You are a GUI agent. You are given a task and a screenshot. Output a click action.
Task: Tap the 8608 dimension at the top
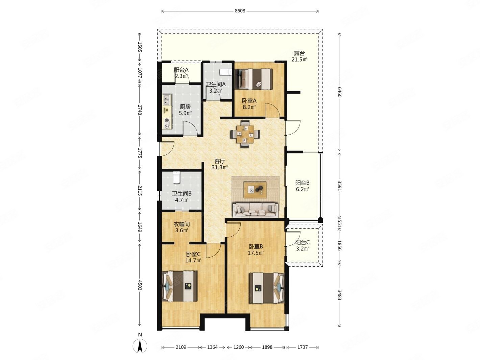(240, 11)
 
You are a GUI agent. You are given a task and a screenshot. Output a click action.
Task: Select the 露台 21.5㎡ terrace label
(299, 56)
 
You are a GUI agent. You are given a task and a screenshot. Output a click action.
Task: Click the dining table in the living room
(245, 134)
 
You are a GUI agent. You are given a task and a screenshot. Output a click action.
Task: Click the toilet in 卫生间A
(225, 72)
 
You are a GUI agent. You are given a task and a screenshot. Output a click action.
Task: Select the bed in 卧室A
(254, 79)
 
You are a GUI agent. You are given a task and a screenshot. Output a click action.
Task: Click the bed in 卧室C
(180, 286)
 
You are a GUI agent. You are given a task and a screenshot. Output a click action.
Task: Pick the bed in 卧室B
(267, 288)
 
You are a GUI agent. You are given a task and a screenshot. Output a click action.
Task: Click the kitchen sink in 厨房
(167, 99)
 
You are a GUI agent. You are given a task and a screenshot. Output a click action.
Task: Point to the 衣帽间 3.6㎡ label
(181, 227)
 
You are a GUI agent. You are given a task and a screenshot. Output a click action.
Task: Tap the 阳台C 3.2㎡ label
(302, 245)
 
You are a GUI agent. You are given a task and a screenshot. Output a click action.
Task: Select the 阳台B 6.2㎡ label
(302, 186)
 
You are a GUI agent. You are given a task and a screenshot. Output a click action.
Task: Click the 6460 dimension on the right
(339, 92)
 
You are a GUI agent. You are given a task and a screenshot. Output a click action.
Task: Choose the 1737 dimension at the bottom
(303, 347)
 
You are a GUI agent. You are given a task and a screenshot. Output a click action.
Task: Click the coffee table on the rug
(255, 190)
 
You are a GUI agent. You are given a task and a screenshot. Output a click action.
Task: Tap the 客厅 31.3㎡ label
(220, 164)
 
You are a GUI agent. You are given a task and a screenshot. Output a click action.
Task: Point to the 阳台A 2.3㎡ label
(181, 73)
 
